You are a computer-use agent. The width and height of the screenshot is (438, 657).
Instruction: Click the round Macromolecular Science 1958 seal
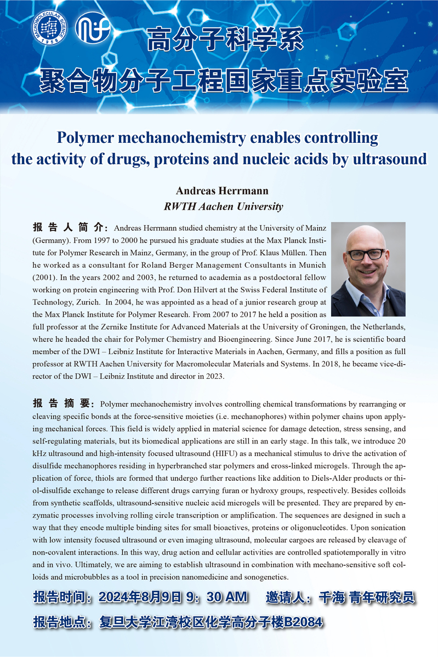[48, 27]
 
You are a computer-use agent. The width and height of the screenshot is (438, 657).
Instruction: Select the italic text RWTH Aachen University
[223, 206]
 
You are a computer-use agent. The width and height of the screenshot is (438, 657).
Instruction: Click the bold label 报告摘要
[61, 404]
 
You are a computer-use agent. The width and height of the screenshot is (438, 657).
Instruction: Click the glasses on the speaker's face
[367, 254]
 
